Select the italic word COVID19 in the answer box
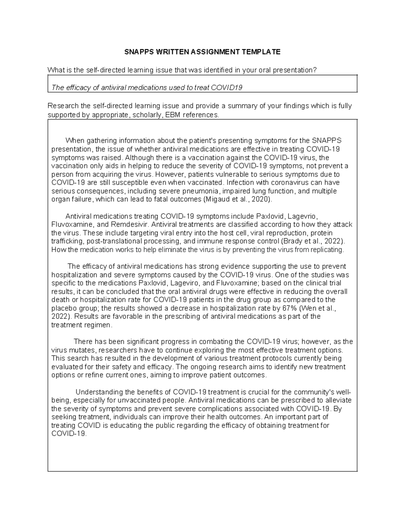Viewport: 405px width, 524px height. tap(227, 88)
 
